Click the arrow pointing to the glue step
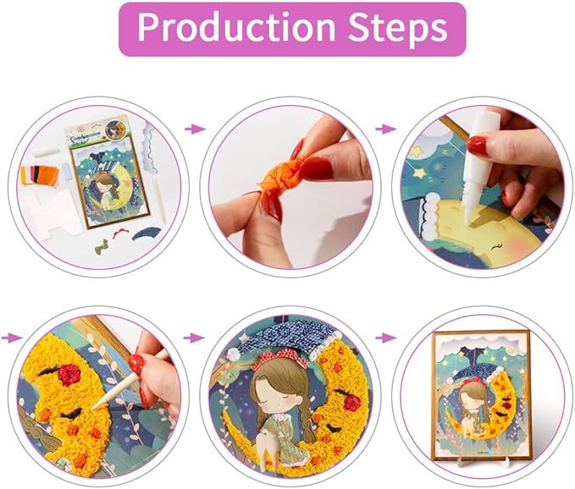point(386,129)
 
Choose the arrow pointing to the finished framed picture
point(386,338)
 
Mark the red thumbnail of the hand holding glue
point(476,146)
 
